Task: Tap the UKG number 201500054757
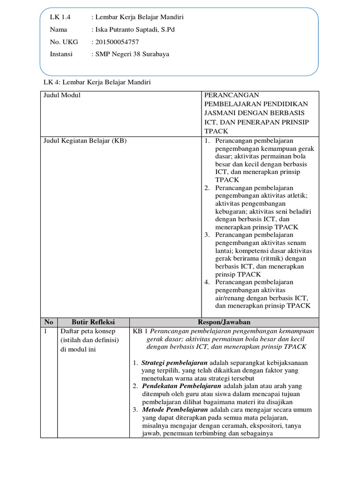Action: pyautogui.click(x=117, y=42)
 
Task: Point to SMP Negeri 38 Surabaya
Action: pyautogui.click(x=132, y=54)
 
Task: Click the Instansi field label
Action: pyautogui.click(x=61, y=54)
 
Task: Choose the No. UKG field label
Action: pyautogui.click(x=64, y=42)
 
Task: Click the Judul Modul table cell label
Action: pyautogui.click(x=61, y=95)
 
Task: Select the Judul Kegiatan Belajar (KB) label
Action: pyautogui.click(x=85, y=141)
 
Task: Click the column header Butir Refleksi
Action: pyautogui.click(x=93, y=322)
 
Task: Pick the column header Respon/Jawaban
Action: pyautogui.click(x=224, y=322)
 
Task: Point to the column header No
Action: pyautogui.click(x=49, y=322)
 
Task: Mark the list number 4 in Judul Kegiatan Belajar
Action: pyautogui.click(x=207, y=282)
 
